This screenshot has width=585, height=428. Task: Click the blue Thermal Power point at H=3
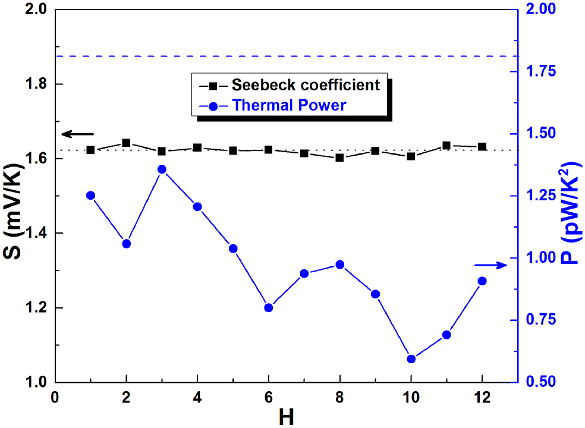click(162, 169)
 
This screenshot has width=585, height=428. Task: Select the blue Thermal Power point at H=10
click(411, 359)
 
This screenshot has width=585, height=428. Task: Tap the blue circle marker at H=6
click(269, 307)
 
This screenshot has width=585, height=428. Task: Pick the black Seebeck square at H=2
click(126, 143)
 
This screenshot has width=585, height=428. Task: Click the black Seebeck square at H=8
click(339, 158)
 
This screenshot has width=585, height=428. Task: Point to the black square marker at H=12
click(482, 146)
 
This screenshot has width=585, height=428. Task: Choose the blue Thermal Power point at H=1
click(91, 195)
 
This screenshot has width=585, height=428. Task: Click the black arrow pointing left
click(77, 134)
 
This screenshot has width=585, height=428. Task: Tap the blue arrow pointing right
click(490, 265)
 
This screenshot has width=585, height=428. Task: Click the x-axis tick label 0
click(55, 396)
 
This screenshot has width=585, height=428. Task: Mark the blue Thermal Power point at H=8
click(339, 265)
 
